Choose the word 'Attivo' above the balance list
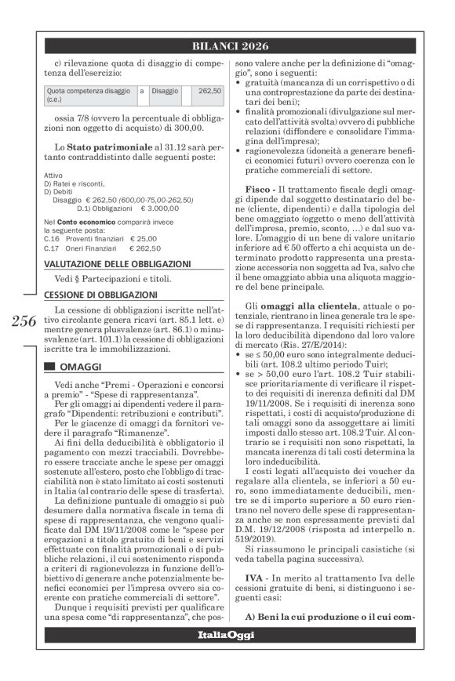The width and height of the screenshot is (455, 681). click(x=53, y=175)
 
